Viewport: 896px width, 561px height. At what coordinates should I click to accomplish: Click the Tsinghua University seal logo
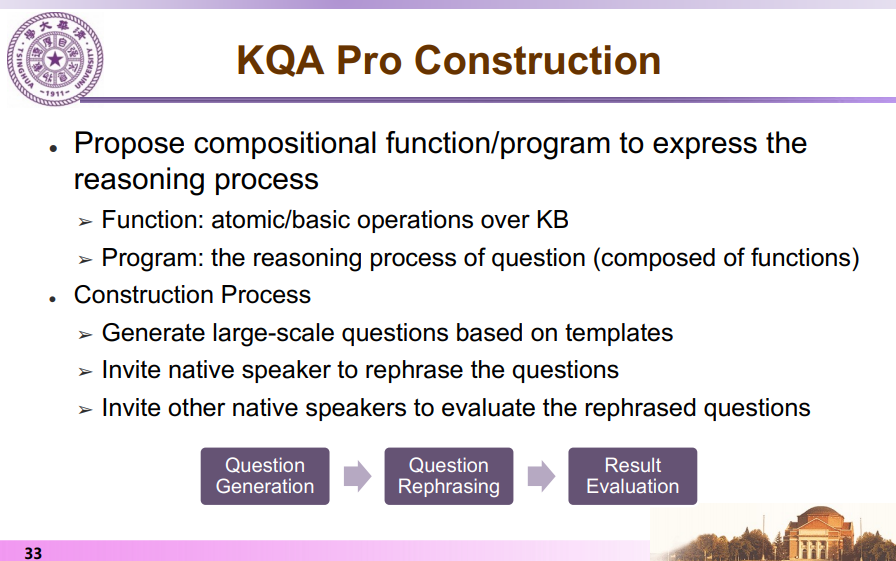pyautogui.click(x=55, y=59)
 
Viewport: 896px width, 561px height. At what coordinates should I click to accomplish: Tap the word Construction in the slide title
pyautogui.click(x=537, y=61)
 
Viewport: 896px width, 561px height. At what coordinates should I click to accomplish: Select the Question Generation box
pyautogui.click(x=265, y=476)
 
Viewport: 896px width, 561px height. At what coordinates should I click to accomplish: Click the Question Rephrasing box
pyautogui.click(x=449, y=476)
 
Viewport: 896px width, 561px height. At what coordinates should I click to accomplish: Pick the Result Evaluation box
pyautogui.click(x=633, y=476)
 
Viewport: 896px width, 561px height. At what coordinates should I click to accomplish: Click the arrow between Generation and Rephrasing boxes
pyautogui.click(x=357, y=476)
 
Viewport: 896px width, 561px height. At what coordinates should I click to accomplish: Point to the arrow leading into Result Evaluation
pyautogui.click(x=541, y=476)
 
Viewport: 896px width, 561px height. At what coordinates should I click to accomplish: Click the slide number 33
pyautogui.click(x=33, y=553)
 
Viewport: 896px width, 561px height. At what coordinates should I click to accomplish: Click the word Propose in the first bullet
pyautogui.click(x=129, y=143)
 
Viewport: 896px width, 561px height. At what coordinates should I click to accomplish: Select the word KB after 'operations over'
pyautogui.click(x=552, y=220)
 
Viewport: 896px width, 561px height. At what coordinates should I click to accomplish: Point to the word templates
pyautogui.click(x=619, y=333)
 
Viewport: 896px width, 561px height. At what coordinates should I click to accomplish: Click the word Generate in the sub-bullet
pyautogui.click(x=153, y=333)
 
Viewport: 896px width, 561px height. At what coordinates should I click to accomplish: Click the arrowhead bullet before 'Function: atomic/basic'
pyautogui.click(x=85, y=222)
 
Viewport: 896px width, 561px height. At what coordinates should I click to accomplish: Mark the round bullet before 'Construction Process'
pyautogui.click(x=53, y=299)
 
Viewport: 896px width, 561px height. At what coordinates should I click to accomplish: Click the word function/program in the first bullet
pyautogui.click(x=498, y=143)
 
